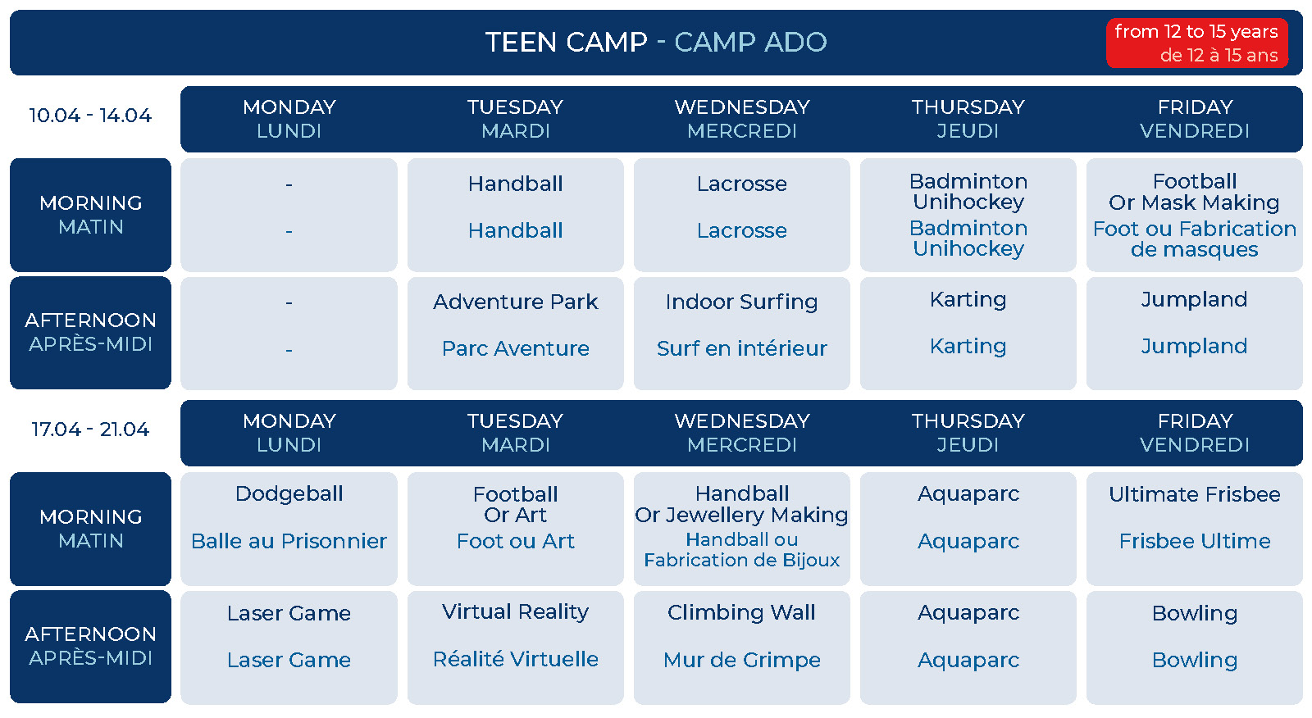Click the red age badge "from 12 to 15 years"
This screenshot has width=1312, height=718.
(x=1196, y=43)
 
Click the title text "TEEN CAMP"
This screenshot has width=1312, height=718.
(x=567, y=42)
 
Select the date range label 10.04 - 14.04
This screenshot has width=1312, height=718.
(x=91, y=116)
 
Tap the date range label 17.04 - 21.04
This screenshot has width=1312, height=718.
(x=91, y=429)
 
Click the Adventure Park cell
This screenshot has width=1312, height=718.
(x=516, y=334)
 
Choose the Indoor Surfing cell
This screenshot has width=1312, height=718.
(x=741, y=334)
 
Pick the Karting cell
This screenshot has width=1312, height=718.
(x=968, y=334)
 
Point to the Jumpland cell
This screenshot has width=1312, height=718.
(x=1194, y=334)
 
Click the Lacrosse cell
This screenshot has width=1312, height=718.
(x=741, y=215)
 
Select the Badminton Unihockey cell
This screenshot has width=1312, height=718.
(x=968, y=215)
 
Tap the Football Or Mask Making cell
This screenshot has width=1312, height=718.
(x=1194, y=215)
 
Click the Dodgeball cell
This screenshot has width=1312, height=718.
(x=289, y=529)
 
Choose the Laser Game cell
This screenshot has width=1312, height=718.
(x=289, y=648)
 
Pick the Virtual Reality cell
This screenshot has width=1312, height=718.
(x=516, y=648)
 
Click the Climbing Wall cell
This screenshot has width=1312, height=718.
(x=741, y=648)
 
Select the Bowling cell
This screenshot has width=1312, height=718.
(x=1194, y=648)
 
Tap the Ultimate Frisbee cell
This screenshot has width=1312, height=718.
(x=1194, y=529)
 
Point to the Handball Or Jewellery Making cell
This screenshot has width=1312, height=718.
(x=741, y=529)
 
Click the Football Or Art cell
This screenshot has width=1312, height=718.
(x=516, y=529)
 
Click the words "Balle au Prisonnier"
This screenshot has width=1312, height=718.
(x=289, y=541)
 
